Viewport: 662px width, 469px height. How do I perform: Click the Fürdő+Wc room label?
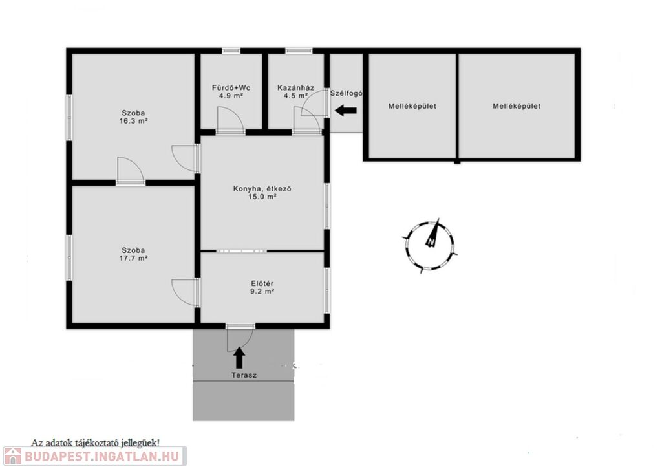click(x=231, y=88)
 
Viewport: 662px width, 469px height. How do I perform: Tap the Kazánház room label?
click(x=295, y=88)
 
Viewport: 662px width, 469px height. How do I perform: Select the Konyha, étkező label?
click(x=262, y=189)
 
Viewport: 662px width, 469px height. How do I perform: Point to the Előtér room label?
click(x=262, y=283)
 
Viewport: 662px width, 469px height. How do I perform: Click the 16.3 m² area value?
click(x=133, y=121)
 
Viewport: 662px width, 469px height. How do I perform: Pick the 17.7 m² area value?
click(x=133, y=258)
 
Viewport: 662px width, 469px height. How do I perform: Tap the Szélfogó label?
click(x=347, y=93)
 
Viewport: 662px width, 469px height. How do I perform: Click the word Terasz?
click(x=244, y=375)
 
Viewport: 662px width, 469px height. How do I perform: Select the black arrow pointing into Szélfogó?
click(x=346, y=111)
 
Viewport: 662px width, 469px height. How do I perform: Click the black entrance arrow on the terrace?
click(x=239, y=358)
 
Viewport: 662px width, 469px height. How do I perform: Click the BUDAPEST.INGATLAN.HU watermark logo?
click(x=94, y=456)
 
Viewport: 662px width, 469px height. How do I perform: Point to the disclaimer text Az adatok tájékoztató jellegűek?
click(x=96, y=443)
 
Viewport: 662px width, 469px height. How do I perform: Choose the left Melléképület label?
click(x=412, y=106)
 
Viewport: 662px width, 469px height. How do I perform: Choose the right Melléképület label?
click(x=517, y=106)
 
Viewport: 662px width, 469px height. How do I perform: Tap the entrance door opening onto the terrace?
click(x=240, y=338)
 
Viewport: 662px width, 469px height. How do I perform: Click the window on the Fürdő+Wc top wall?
click(x=231, y=50)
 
